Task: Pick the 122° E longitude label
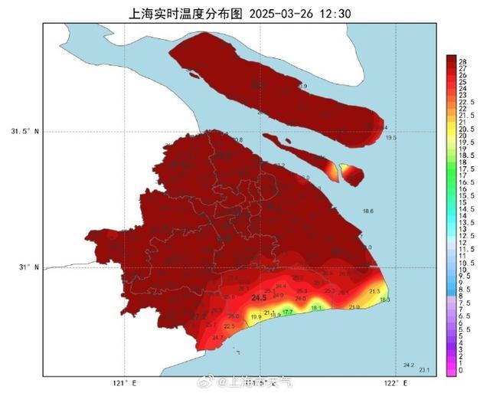click(x=391, y=383)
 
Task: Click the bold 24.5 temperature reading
click(x=258, y=297)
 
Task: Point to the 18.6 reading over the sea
click(x=367, y=211)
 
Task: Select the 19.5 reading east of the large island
click(x=390, y=138)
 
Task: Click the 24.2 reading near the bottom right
click(x=408, y=365)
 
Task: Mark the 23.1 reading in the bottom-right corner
click(x=424, y=371)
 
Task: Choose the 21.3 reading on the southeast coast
click(x=374, y=291)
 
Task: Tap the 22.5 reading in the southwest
click(x=207, y=326)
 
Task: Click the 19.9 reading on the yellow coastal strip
click(x=256, y=317)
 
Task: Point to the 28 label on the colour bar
click(x=462, y=60)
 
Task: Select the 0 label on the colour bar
click(x=460, y=371)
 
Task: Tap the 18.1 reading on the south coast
click(x=317, y=308)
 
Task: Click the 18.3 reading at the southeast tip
click(x=384, y=300)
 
